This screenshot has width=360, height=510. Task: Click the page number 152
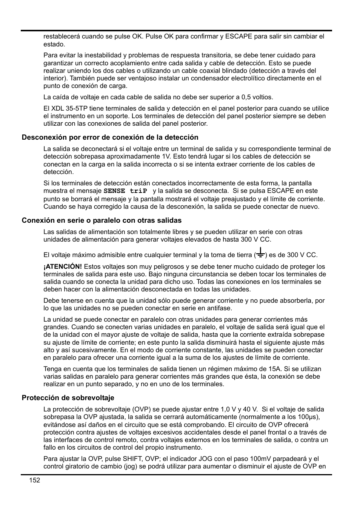coord(34,480)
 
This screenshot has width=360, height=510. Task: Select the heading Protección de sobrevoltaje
coord(68,398)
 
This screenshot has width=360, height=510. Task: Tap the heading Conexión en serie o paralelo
coord(102,220)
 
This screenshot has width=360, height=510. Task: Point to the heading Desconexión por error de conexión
coord(110,137)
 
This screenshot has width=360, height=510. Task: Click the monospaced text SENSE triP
coord(125,191)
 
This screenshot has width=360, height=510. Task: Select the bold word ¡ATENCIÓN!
coord(62,267)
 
